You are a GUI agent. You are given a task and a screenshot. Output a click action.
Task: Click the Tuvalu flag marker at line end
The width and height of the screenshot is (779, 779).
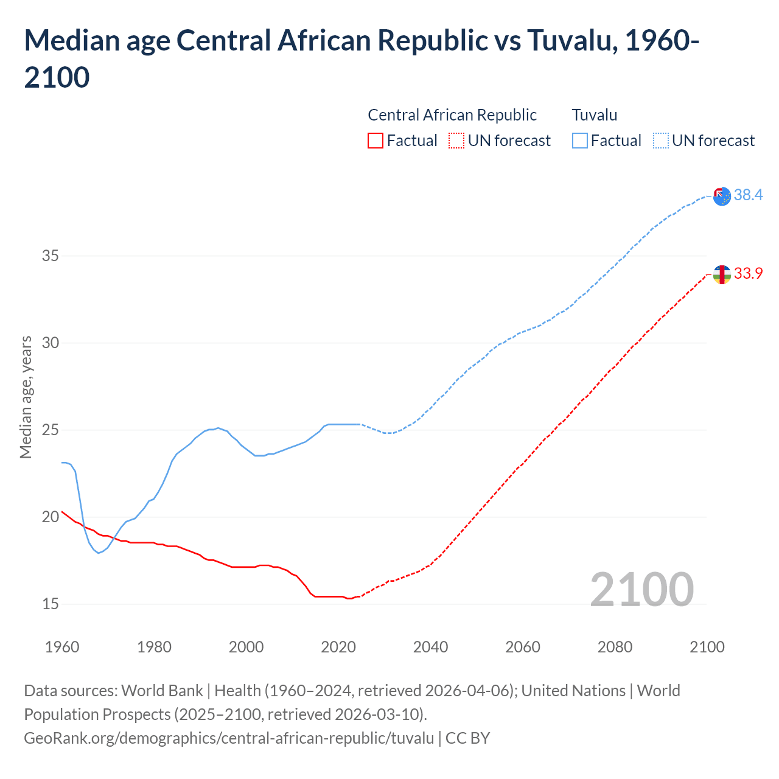click(x=722, y=196)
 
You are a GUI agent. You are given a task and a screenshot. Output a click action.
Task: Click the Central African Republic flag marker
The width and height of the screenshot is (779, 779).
click(x=722, y=274)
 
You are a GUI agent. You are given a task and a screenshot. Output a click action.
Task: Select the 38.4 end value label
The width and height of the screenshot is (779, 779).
click(x=748, y=195)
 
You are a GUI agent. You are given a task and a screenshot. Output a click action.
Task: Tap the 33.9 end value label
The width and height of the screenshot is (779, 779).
click(x=748, y=273)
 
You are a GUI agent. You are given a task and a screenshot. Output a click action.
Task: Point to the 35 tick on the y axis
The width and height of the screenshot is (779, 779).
click(x=51, y=256)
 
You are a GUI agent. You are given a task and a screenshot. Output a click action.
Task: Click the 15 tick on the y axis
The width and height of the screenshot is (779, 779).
click(x=51, y=604)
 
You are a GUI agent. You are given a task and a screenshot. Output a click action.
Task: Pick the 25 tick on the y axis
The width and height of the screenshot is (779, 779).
click(x=51, y=430)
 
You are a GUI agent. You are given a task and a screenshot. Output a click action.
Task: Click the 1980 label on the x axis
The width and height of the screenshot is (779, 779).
click(x=154, y=647)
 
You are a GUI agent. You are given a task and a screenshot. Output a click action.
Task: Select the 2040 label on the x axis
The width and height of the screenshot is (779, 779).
click(x=430, y=647)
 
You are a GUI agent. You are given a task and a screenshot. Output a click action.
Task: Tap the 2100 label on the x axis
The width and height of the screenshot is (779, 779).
click(x=707, y=647)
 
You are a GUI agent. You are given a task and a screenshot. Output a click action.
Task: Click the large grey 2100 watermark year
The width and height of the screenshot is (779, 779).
click(x=641, y=589)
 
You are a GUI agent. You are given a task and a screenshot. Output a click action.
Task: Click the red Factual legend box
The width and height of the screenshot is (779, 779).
click(x=376, y=141)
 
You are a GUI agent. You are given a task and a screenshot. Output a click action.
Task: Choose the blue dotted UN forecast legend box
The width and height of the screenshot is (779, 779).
click(x=661, y=141)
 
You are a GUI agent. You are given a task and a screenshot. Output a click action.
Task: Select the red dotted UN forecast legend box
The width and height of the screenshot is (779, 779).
click(x=456, y=141)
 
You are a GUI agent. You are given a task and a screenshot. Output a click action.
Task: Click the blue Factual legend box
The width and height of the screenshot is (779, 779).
click(x=580, y=141)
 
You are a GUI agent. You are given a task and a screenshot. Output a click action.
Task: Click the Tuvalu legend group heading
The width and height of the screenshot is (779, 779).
click(x=595, y=115)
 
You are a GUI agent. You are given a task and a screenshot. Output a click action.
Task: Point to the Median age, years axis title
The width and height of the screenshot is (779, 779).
click(x=26, y=397)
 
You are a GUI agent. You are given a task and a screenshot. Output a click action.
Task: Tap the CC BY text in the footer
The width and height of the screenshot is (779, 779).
click(x=467, y=738)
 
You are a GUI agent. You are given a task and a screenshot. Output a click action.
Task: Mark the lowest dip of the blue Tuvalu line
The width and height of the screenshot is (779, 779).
click(x=98, y=553)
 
